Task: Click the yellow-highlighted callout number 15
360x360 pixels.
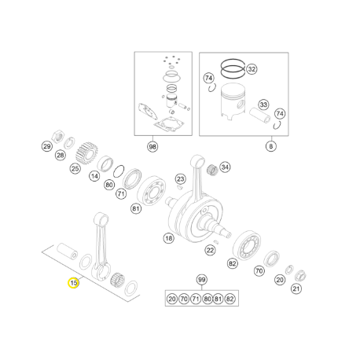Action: [x=73, y=283]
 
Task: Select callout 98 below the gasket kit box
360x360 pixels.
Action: [x=152, y=146]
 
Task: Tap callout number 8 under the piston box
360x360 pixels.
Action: [x=271, y=146]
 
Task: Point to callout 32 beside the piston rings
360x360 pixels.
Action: [x=252, y=69]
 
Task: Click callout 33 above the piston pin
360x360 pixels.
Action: [x=263, y=105]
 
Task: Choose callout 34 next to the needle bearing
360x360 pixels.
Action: [x=225, y=167]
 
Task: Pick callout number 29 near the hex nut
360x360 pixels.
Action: [x=47, y=146]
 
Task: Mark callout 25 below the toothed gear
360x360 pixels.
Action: [x=75, y=168]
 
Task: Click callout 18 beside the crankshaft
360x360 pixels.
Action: [x=169, y=238]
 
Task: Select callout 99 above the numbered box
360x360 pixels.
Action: [x=201, y=280]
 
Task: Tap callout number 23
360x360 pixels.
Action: [x=181, y=179]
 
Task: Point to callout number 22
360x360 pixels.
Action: [x=210, y=250]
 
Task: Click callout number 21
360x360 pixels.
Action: [x=296, y=288]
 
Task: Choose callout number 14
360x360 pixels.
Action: [x=94, y=176]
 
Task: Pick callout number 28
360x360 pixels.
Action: [x=61, y=156]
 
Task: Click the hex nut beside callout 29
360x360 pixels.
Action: [x=59, y=136]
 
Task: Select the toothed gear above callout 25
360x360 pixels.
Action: [x=86, y=153]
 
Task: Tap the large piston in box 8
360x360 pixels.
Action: [x=233, y=103]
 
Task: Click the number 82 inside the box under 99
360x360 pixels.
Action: [x=230, y=299]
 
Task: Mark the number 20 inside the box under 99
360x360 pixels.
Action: [x=172, y=299]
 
